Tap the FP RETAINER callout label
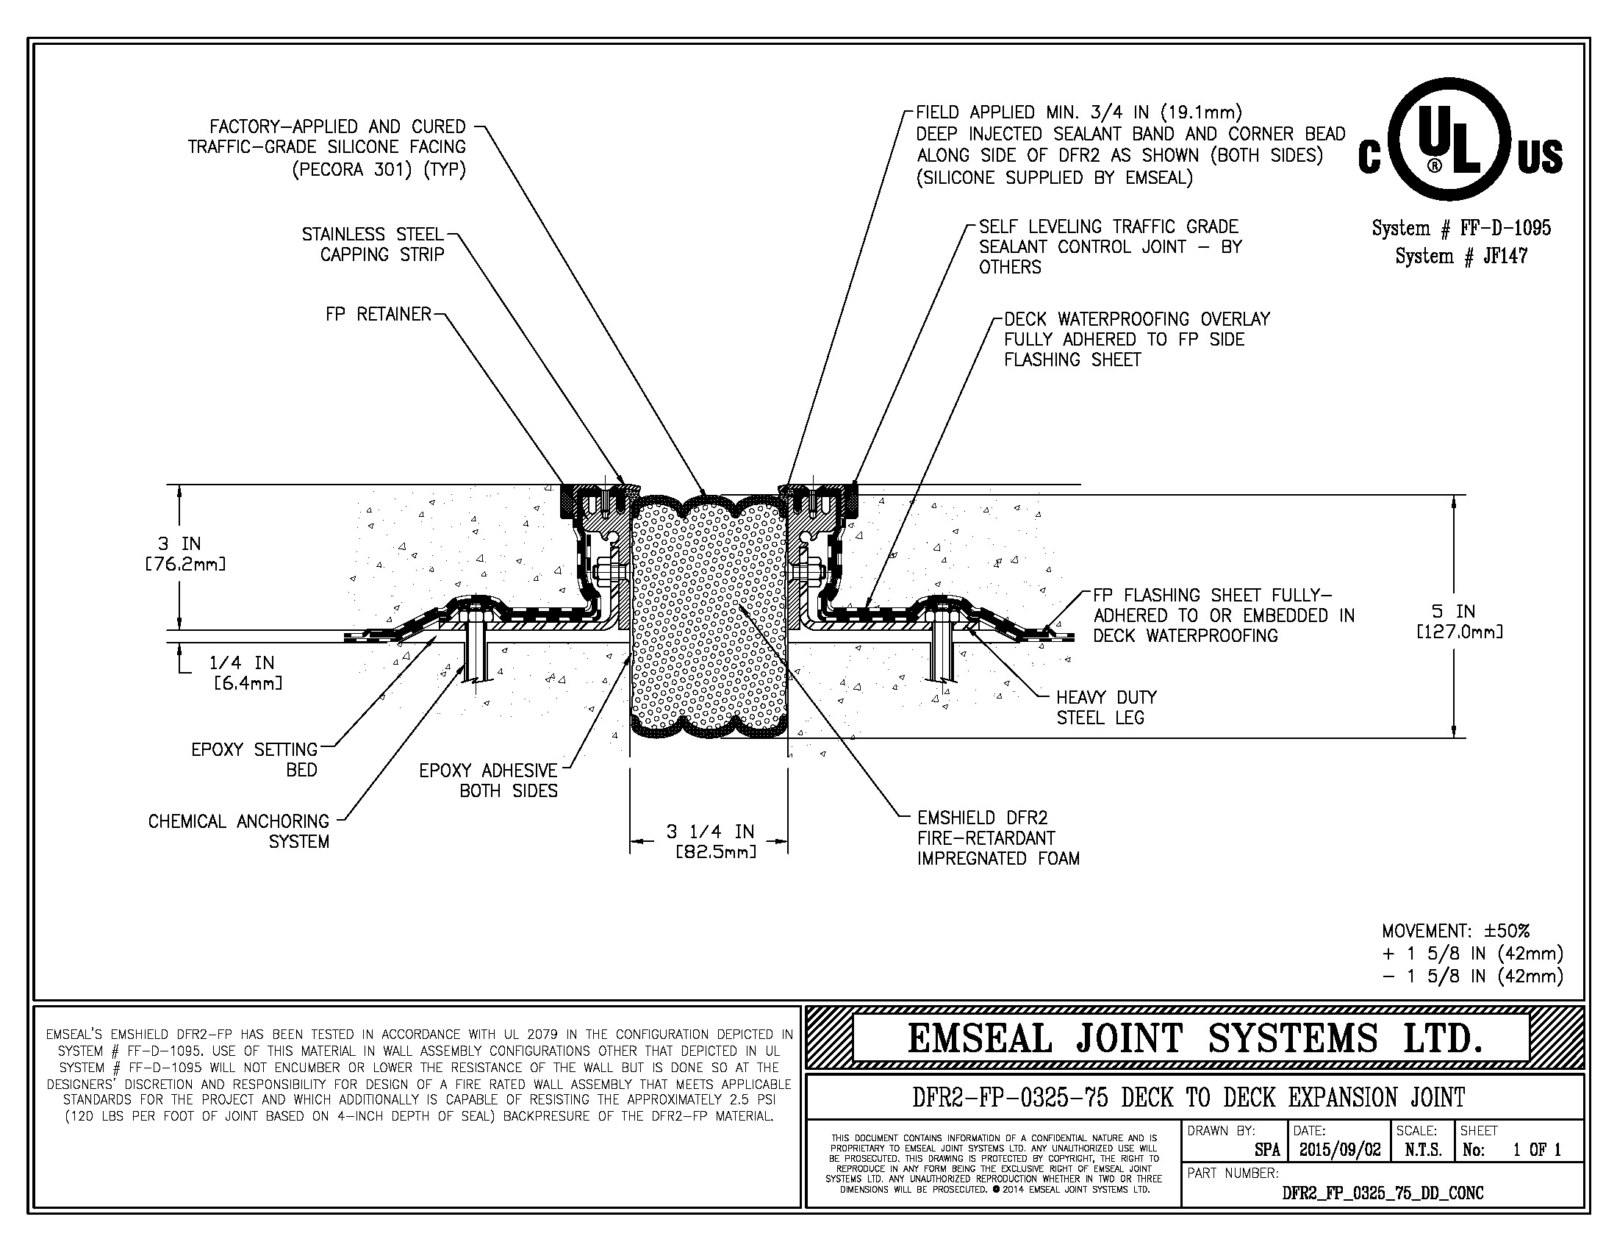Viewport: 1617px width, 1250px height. (378, 314)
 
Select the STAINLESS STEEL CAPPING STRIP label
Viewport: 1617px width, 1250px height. (373, 244)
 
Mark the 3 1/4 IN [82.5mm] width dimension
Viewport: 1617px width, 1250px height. (709, 841)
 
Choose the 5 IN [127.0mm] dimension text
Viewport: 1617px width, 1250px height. (1458, 621)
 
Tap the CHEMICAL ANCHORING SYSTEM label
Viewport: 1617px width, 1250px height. (238, 831)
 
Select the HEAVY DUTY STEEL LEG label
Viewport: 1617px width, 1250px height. (1105, 707)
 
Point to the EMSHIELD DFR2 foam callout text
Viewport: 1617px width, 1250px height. (997, 838)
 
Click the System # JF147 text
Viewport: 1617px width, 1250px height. (1460, 256)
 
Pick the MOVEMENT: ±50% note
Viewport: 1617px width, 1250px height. (1455, 931)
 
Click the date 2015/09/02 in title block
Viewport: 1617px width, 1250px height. (1339, 1150)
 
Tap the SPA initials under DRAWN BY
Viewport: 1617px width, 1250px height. (1267, 1150)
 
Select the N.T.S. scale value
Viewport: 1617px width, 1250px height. (1423, 1150)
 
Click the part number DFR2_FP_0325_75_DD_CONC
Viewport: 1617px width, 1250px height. (1383, 1193)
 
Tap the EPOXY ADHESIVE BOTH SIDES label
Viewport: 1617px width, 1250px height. (489, 780)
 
